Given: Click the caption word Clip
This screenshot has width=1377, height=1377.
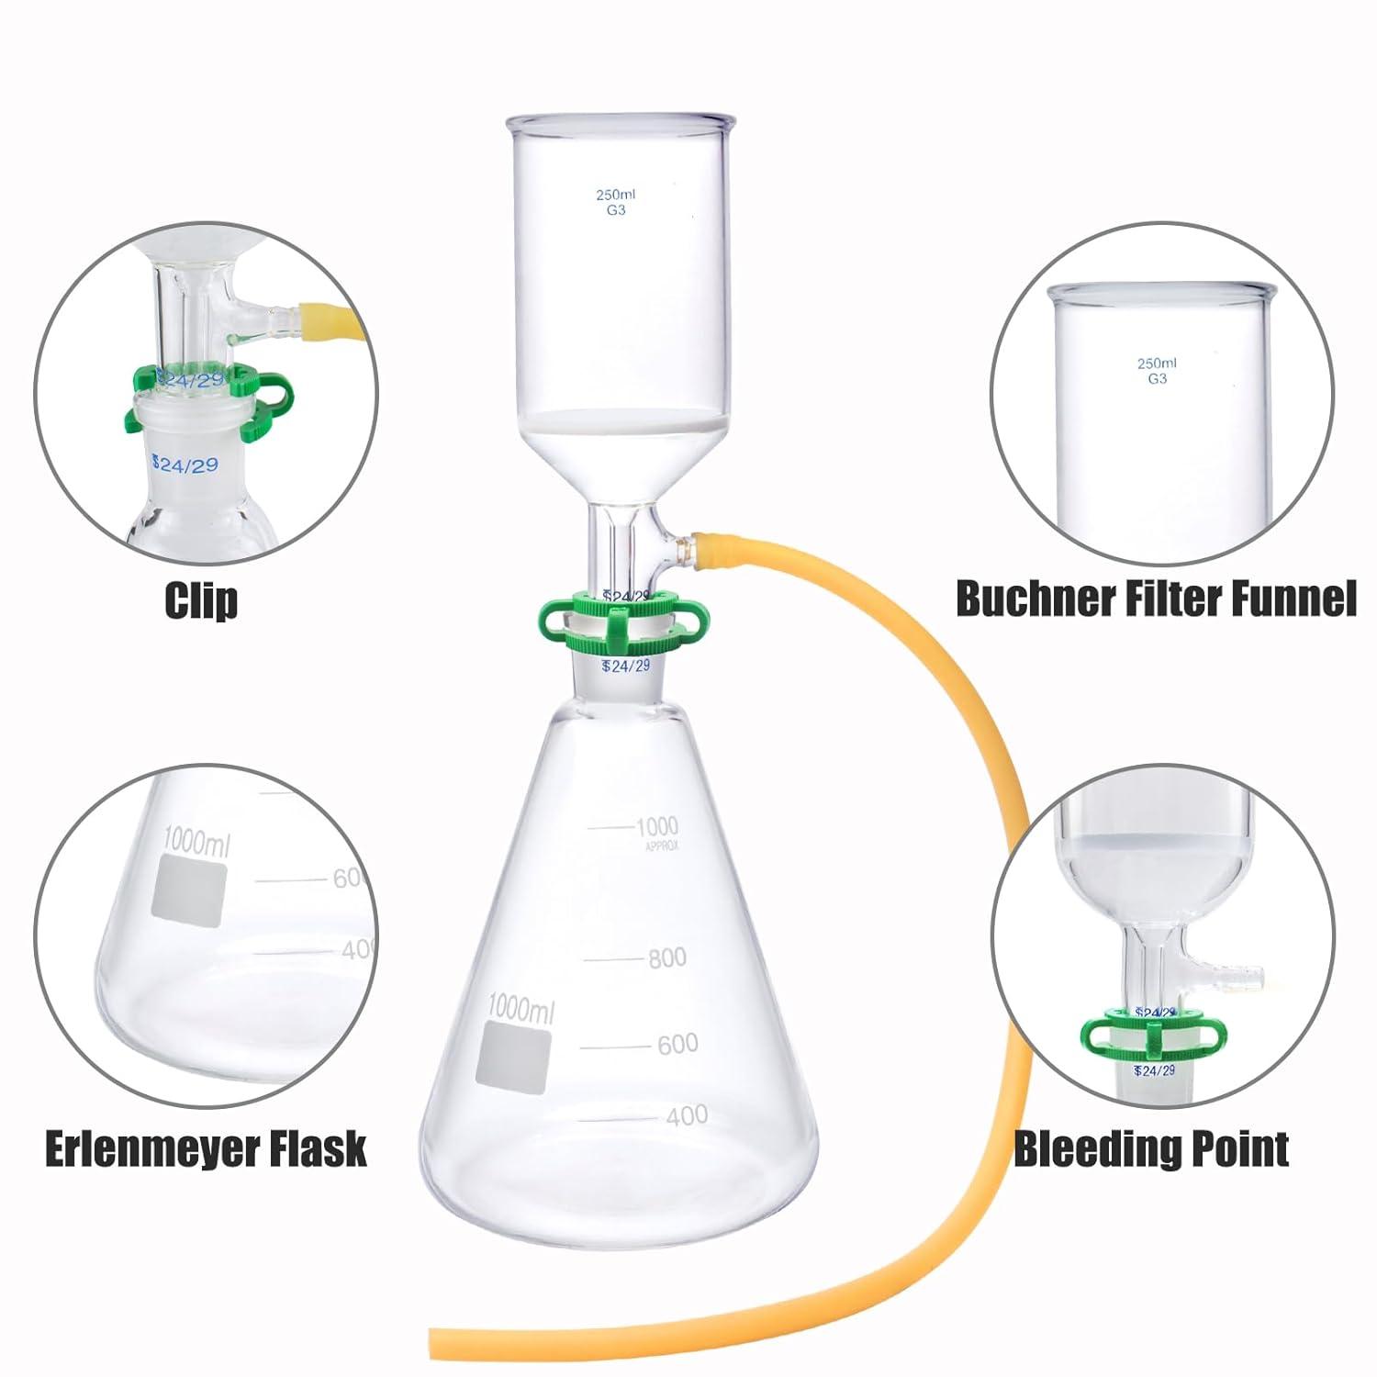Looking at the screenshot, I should coord(201,600).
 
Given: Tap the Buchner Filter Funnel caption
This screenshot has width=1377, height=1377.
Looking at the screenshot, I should coord(1156,599).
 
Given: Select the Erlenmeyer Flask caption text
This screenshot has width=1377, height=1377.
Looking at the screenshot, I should coord(206,1149).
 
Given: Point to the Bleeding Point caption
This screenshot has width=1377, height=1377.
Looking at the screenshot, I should coord(1151,1149).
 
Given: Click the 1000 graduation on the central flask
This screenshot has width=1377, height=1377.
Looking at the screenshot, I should coord(656,826).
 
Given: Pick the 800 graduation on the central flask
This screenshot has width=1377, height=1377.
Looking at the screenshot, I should coord(666,958).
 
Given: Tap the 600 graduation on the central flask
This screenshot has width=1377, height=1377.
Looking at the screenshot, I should coord(677,1044).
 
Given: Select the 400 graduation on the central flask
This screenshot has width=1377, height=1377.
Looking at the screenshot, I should coord(686,1116).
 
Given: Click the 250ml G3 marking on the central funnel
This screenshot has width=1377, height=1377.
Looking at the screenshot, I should coord(616,202).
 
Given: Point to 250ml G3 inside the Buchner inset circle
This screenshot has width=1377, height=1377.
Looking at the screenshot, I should coord(1157,371).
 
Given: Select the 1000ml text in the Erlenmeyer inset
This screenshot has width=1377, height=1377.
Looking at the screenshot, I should coord(196,840).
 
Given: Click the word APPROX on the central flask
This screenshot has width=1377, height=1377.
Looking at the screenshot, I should coord(658,847).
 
